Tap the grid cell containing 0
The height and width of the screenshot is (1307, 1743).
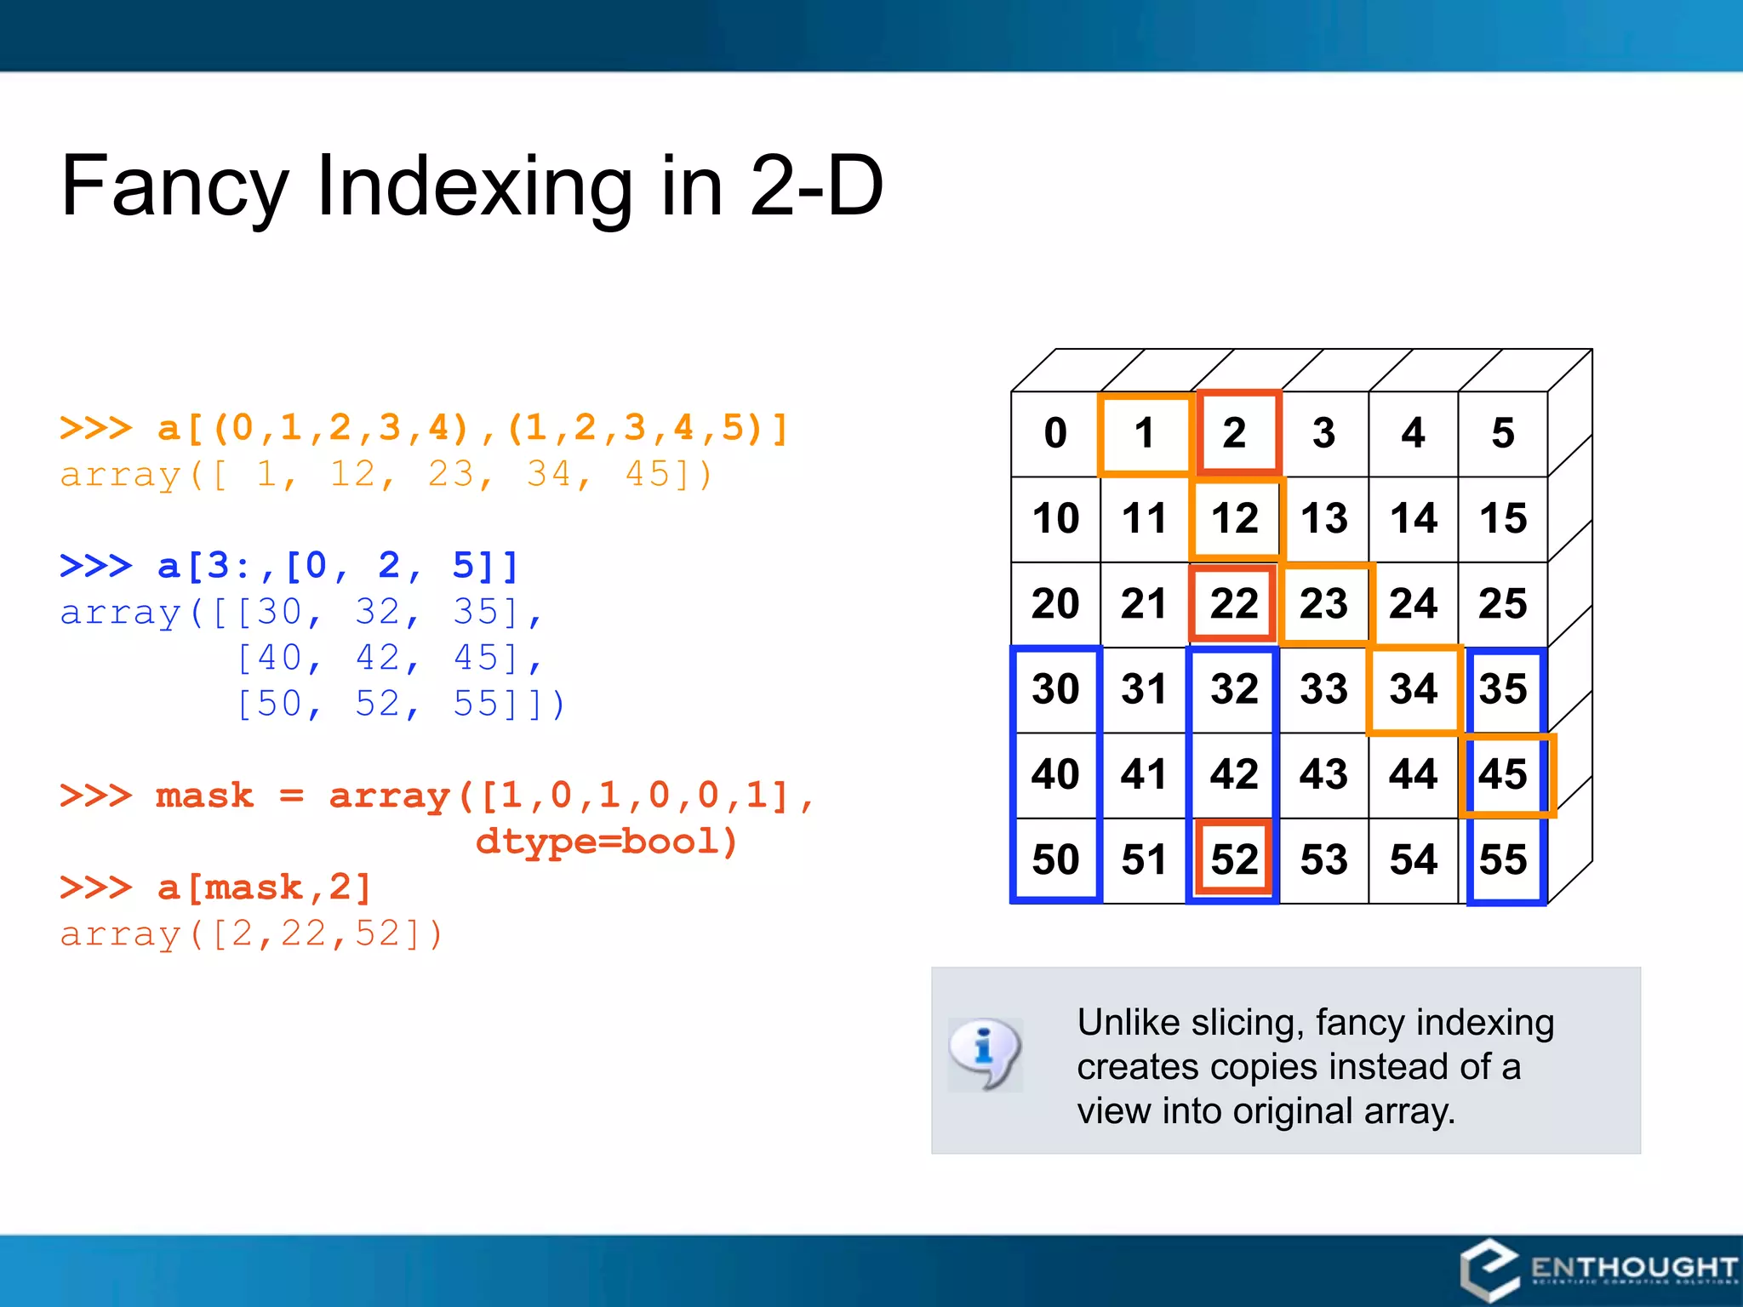tap(1055, 433)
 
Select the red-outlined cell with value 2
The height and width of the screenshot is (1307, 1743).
tap(1236, 433)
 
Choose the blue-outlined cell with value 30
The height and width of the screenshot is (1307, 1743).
tap(1055, 688)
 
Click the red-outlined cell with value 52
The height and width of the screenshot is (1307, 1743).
tap(1234, 859)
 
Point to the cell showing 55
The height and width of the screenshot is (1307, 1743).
tap(1503, 859)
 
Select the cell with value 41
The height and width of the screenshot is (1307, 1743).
tap(1145, 774)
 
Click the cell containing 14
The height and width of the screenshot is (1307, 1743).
tap(1413, 518)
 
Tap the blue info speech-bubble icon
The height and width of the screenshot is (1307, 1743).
tap(985, 1053)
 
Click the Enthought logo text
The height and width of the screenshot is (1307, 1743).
tap(1632, 1268)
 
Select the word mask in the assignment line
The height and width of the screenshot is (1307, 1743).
tap(204, 796)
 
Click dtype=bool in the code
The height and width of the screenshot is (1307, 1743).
tap(606, 842)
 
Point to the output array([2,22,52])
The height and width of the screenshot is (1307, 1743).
tap(252, 934)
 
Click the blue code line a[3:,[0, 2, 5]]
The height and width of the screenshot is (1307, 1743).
tap(337, 566)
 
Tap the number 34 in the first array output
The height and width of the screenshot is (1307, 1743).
tap(549, 475)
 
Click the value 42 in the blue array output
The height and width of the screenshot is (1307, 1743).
tap(377, 658)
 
